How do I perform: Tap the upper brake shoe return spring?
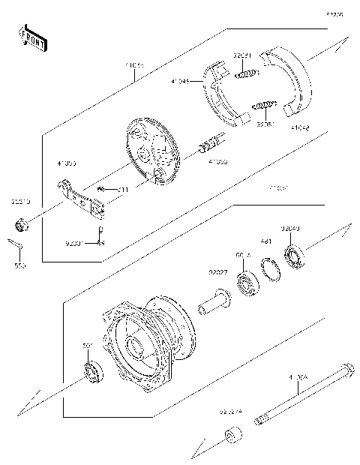pyautogui.click(x=246, y=73)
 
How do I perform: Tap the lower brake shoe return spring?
pyautogui.click(x=266, y=104)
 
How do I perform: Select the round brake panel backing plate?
pyautogui.click(x=154, y=154)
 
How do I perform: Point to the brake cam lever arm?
pyautogui.click(x=83, y=197)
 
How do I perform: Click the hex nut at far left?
pyautogui.click(x=22, y=223)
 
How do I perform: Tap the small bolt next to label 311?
pyautogui.click(x=108, y=190)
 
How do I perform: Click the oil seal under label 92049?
pyautogui.click(x=293, y=256)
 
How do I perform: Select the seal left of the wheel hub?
pyautogui.click(x=92, y=370)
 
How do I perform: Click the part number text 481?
pyautogui.click(x=265, y=241)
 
